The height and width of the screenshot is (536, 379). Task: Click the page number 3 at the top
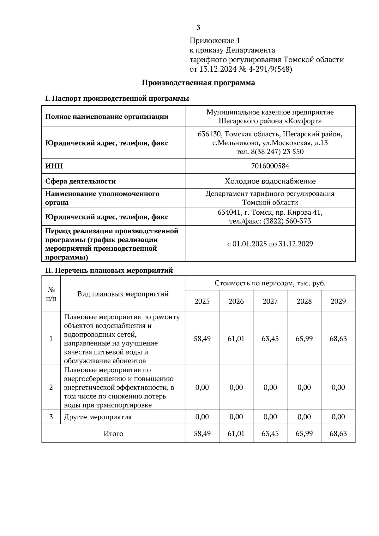(x=198, y=28)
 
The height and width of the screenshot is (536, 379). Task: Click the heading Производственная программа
(x=198, y=83)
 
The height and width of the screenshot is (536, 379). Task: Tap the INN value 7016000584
(x=270, y=166)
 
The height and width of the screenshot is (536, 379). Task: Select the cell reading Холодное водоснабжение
(x=270, y=181)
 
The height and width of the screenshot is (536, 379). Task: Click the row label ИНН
(x=54, y=166)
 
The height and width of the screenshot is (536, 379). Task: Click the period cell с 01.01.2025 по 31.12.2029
(x=270, y=244)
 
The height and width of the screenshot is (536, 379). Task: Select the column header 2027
(x=270, y=301)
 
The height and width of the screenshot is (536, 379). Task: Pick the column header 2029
(x=338, y=301)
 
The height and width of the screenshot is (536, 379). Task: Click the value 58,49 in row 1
(x=202, y=339)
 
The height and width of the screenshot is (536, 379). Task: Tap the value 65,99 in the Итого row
(x=304, y=434)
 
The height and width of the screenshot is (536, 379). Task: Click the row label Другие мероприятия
(x=98, y=417)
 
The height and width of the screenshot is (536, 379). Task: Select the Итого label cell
(x=113, y=434)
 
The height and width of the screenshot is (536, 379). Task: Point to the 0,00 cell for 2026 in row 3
(x=236, y=417)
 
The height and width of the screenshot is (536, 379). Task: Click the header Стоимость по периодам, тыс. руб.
(x=270, y=283)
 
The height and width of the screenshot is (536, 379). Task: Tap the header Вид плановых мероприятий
(x=123, y=294)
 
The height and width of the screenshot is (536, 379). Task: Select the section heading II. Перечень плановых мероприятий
(x=109, y=271)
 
